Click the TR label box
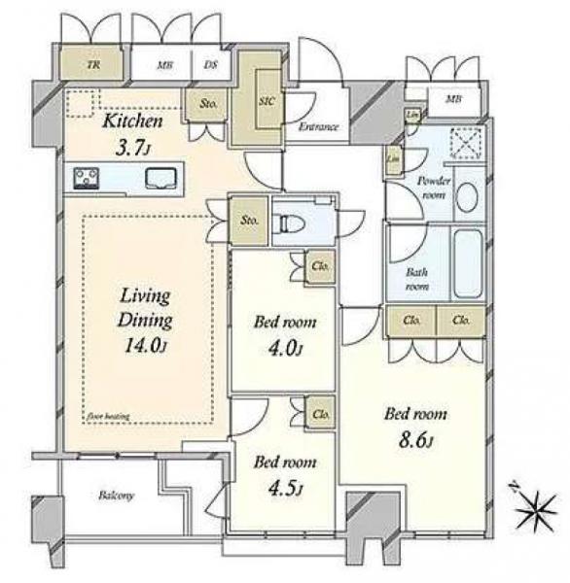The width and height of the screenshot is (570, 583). pos(93,66)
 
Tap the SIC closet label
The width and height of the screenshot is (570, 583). pos(265,99)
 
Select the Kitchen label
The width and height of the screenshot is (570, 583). pos(133,122)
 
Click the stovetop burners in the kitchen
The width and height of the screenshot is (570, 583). pos(87,178)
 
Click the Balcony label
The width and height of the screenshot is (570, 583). pos(116,496)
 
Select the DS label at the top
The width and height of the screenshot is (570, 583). pos(210,66)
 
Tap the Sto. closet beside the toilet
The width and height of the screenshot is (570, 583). pos(250,221)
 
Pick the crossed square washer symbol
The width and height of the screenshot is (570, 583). pos(466,146)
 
